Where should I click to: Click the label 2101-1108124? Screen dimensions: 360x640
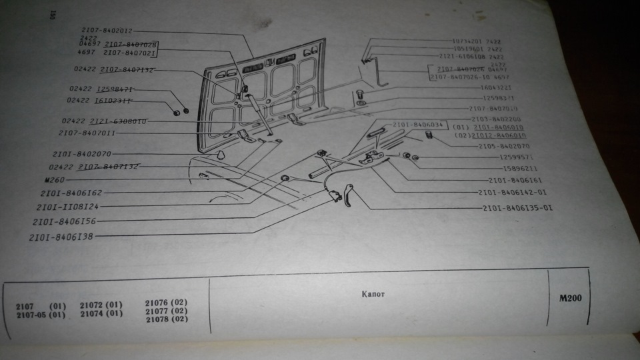pyautogui.click(x=67, y=206)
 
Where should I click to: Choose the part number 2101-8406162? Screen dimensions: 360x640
pyautogui.click(x=71, y=193)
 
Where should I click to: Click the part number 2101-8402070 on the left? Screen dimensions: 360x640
pyautogui.click(x=85, y=153)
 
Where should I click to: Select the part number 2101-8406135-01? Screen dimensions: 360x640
pyautogui.click(x=517, y=208)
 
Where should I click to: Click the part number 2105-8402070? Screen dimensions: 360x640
pyautogui.click(x=504, y=145)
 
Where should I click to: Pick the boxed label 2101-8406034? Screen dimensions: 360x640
pyautogui.click(x=417, y=125)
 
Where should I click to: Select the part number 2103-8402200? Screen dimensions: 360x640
pyautogui.click(x=496, y=119)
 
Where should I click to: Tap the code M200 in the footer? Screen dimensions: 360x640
pyautogui.click(x=571, y=298)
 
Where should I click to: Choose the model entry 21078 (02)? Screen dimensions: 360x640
pyautogui.click(x=166, y=319)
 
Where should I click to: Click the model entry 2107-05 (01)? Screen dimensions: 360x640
pyautogui.click(x=41, y=315)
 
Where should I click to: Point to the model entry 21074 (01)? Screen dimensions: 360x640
pyautogui.click(x=101, y=313)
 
